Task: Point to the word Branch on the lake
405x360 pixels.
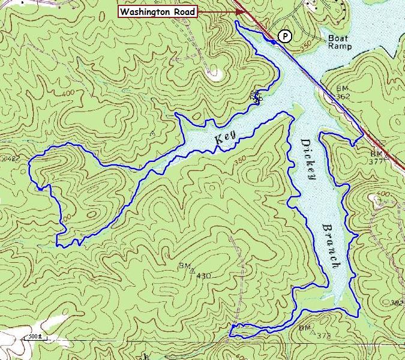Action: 331,246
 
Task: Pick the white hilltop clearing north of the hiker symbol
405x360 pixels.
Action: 214,74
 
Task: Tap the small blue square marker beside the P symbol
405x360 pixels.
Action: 273,42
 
